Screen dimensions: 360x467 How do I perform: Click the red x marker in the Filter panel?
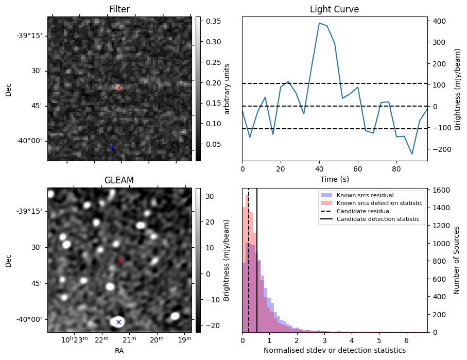pos(118,88)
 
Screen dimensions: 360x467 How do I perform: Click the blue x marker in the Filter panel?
pos(112,148)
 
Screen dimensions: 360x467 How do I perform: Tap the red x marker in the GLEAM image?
pos(119,261)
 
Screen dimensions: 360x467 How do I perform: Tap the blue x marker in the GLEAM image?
pos(118,322)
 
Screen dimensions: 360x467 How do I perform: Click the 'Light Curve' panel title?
pos(334,9)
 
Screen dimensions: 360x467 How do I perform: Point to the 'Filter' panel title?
pos(119,9)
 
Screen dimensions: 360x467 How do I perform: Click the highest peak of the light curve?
pos(319,23)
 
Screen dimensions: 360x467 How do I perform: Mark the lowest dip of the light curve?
pos(412,154)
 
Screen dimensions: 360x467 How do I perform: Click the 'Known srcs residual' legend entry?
pos(364,196)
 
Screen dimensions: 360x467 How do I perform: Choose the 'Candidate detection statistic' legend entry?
pos(377,219)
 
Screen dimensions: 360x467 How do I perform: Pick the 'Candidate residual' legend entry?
pos(364,212)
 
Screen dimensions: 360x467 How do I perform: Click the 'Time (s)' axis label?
pos(334,179)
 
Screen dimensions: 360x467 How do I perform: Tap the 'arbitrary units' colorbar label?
pos(227,89)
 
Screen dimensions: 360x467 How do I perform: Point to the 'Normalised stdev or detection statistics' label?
pos(334,350)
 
